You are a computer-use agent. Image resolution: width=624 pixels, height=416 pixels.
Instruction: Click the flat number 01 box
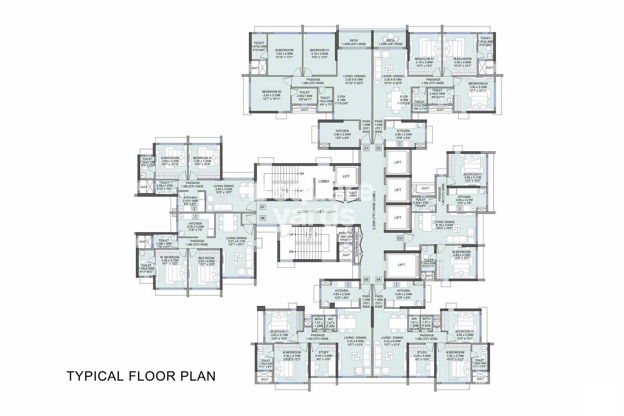(366, 148)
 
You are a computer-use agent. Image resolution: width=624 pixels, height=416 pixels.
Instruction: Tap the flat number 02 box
(378, 148)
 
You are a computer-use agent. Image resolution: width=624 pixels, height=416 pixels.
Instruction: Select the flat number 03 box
(400, 238)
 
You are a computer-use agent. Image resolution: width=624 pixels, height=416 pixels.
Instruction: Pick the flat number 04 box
(378, 279)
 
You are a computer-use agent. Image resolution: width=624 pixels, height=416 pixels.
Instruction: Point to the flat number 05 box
(366, 279)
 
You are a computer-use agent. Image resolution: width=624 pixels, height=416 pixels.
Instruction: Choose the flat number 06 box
(263, 218)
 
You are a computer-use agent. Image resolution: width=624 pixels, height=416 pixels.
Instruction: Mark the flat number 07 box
(263, 207)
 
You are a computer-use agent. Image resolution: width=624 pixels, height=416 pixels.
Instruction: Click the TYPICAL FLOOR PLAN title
(141, 376)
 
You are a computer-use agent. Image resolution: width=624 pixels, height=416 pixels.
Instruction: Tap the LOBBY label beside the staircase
(324, 181)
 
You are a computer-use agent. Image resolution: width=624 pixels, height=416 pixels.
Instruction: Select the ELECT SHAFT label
(353, 194)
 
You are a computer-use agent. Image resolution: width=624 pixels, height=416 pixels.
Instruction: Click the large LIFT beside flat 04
(402, 265)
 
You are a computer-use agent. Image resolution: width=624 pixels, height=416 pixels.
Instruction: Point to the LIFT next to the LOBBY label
(346, 176)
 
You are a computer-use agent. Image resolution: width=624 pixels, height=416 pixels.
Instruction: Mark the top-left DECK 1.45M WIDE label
(353, 42)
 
